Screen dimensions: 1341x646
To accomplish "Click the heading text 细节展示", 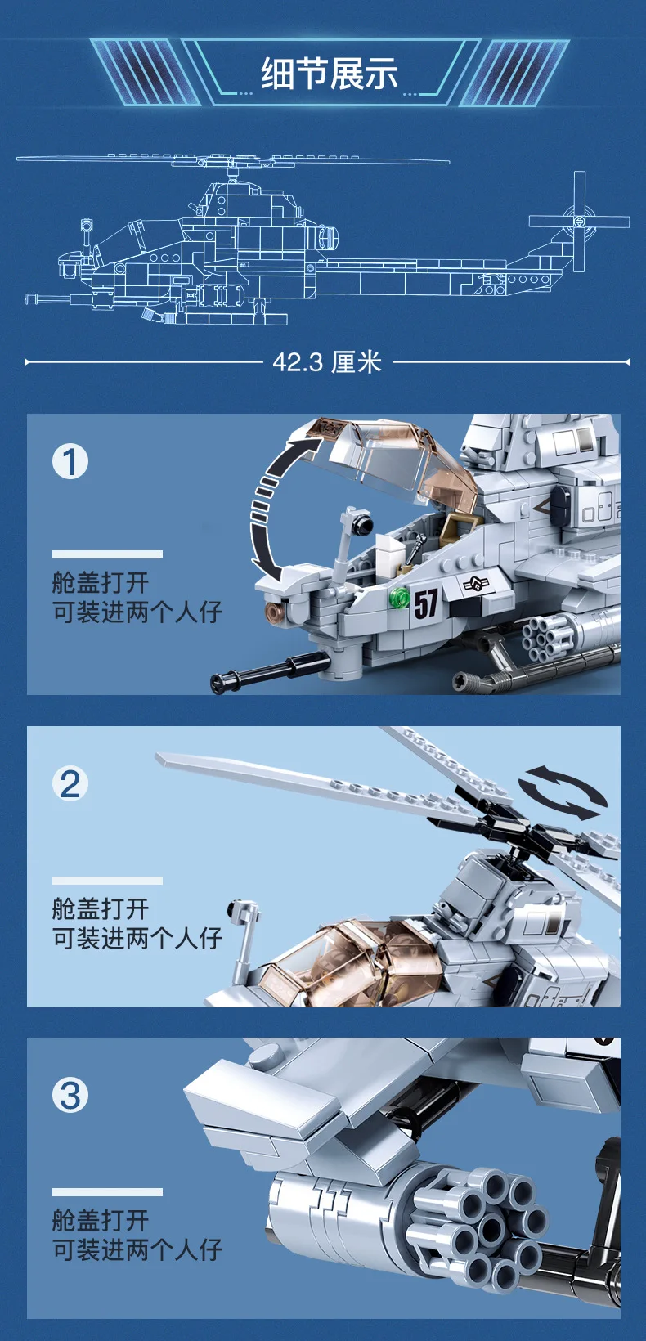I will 329,74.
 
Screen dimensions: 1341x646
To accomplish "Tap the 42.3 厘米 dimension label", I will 327,361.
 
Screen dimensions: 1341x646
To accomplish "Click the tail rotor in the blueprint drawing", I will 579,221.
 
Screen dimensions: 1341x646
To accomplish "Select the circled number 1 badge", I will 70,461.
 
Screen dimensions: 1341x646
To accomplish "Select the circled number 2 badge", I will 70,783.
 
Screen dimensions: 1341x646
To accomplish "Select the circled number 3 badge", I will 70,1095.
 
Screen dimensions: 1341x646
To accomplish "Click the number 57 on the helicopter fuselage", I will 425,604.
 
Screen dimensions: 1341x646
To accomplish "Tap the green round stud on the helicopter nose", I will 399,598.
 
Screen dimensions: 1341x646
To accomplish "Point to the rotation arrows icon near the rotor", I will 563,792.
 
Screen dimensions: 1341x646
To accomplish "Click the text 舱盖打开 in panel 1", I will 101,582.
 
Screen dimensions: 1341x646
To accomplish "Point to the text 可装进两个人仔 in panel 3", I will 137,1249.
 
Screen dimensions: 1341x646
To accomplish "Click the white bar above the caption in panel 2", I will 107,881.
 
